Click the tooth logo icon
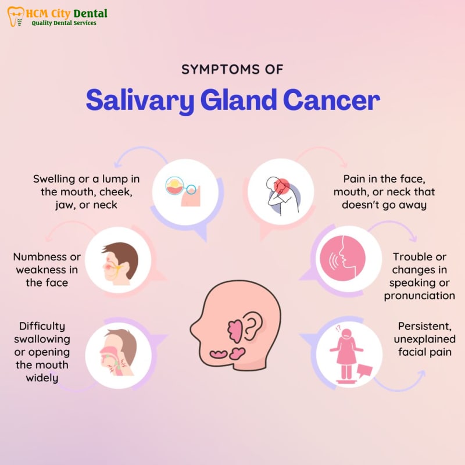[16, 17]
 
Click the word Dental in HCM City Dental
[90, 13]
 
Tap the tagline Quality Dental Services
[64, 23]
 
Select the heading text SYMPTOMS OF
[232, 69]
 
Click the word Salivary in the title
[140, 100]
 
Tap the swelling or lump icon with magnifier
[183, 191]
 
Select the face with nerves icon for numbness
[119, 263]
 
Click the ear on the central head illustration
[253, 325]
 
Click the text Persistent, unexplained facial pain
[425, 339]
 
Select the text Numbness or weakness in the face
[47, 270]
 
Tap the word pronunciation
[419, 296]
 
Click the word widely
[42, 378]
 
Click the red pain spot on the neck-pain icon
[281, 186]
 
